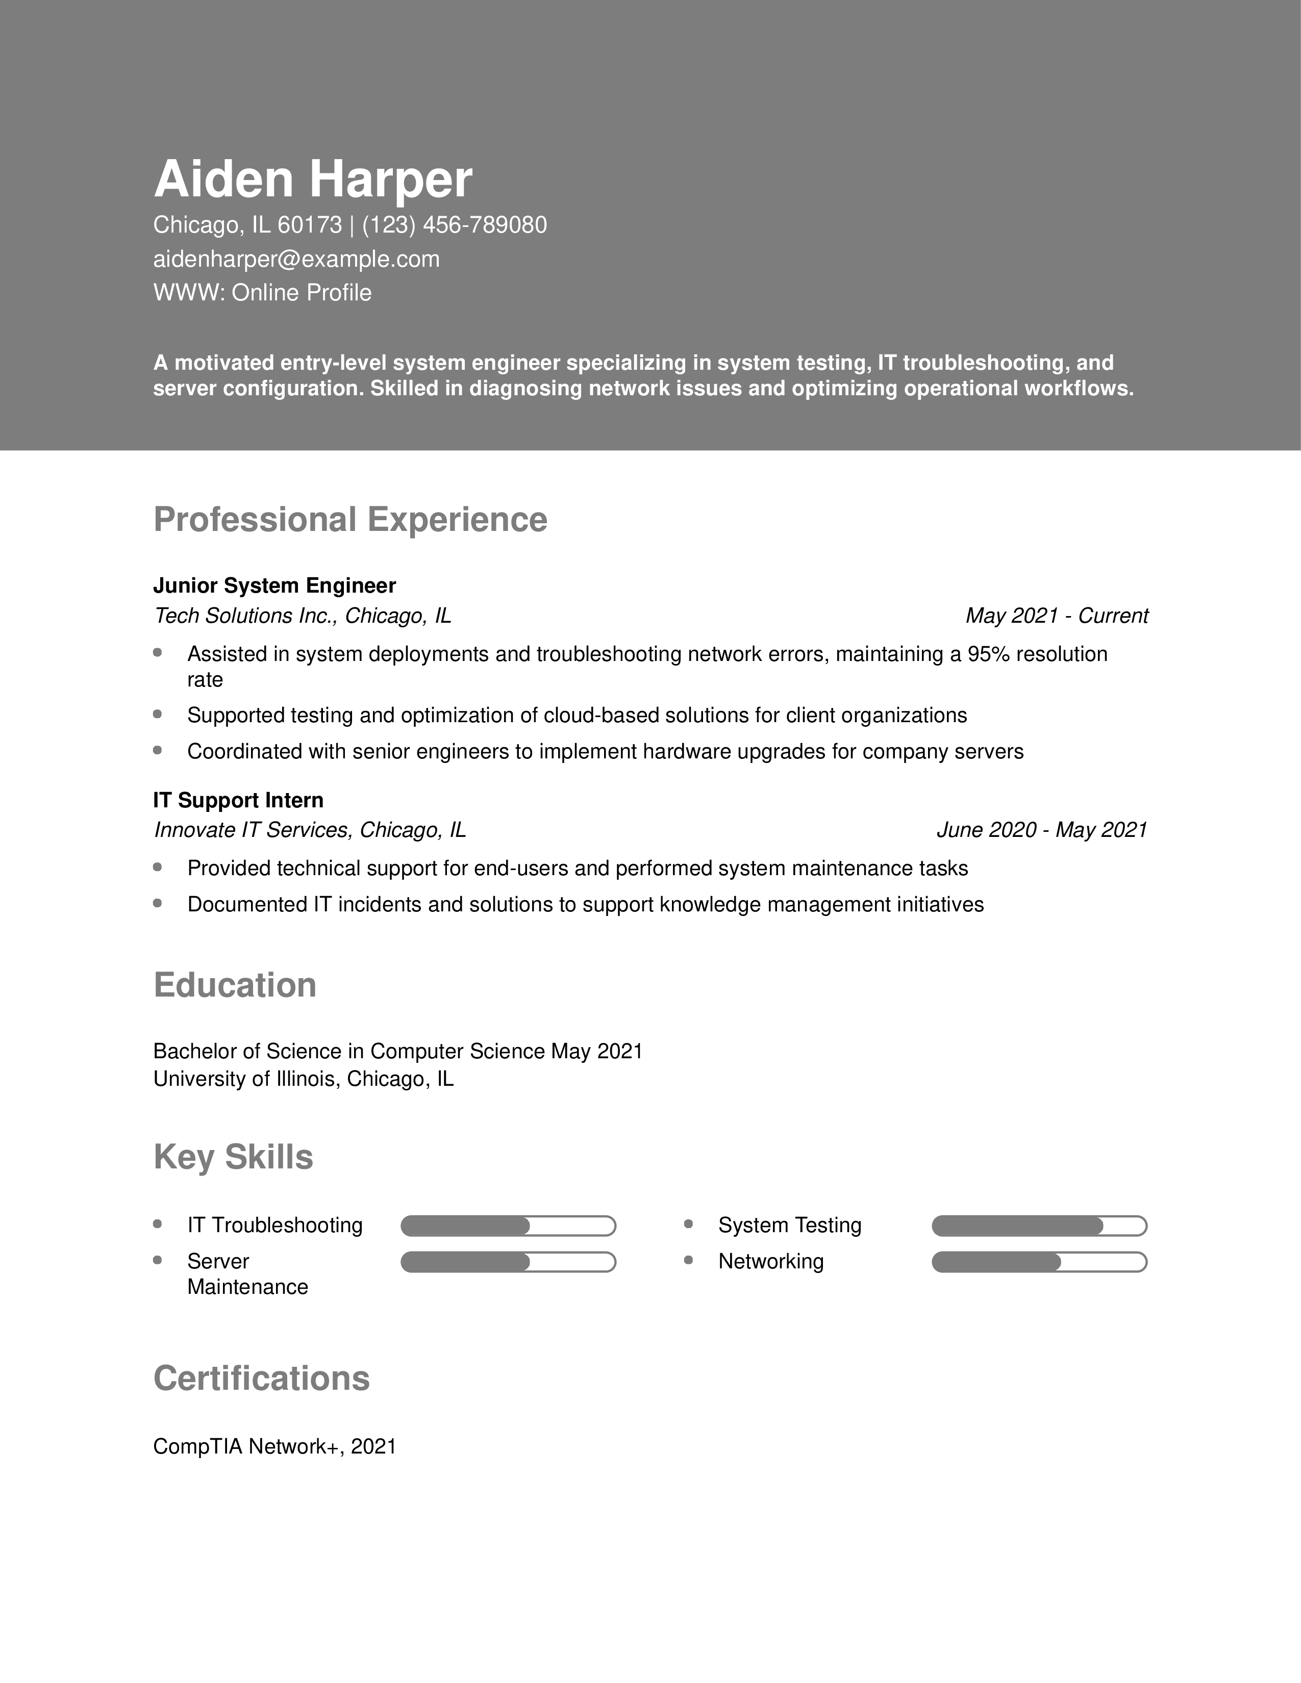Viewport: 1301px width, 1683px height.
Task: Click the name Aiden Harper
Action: (312, 180)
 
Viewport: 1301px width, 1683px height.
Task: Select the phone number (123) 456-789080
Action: (454, 225)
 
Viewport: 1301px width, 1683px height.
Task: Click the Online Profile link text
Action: (302, 293)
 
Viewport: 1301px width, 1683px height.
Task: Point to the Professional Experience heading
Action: (350, 519)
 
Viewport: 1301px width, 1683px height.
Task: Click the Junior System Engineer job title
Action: (274, 585)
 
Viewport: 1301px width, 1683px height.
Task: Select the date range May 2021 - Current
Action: (1056, 616)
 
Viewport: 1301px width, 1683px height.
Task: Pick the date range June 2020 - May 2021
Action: (1041, 830)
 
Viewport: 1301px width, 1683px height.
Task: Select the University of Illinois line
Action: (303, 1079)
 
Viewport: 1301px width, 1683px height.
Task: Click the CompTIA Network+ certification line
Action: (274, 1446)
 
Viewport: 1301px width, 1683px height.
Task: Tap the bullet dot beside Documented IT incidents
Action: (158, 903)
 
